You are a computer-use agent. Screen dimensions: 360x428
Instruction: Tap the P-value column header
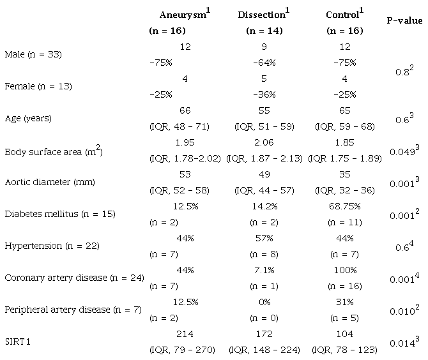click(404, 20)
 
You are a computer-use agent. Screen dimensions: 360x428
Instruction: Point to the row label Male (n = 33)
click(33, 54)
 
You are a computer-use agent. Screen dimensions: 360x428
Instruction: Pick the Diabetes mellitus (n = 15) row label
click(59, 214)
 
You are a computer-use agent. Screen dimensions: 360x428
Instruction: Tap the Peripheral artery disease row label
click(66, 310)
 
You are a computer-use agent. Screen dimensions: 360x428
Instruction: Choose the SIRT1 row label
click(17, 341)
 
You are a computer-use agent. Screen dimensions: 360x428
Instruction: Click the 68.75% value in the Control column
click(346, 206)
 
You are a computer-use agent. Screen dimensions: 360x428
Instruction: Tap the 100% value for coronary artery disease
click(346, 270)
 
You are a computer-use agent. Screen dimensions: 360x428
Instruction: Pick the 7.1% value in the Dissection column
click(261, 270)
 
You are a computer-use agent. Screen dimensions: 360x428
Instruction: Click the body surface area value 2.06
click(261, 142)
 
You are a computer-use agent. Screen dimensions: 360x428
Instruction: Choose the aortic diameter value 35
click(346, 174)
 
